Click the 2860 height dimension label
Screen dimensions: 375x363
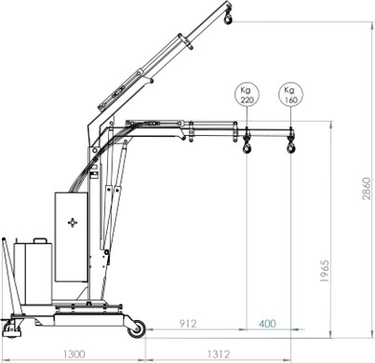click(367, 188)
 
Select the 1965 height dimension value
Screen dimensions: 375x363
click(325, 271)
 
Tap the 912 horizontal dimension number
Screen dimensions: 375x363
click(188, 324)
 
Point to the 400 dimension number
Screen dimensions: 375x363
click(267, 324)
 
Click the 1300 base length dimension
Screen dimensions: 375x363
click(74, 354)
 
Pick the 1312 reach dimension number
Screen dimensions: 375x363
click(219, 354)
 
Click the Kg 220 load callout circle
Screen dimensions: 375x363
click(247, 95)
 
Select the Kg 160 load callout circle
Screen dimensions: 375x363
click(290, 95)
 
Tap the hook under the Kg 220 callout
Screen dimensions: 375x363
click(248, 146)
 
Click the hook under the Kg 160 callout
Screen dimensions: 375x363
click(291, 146)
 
